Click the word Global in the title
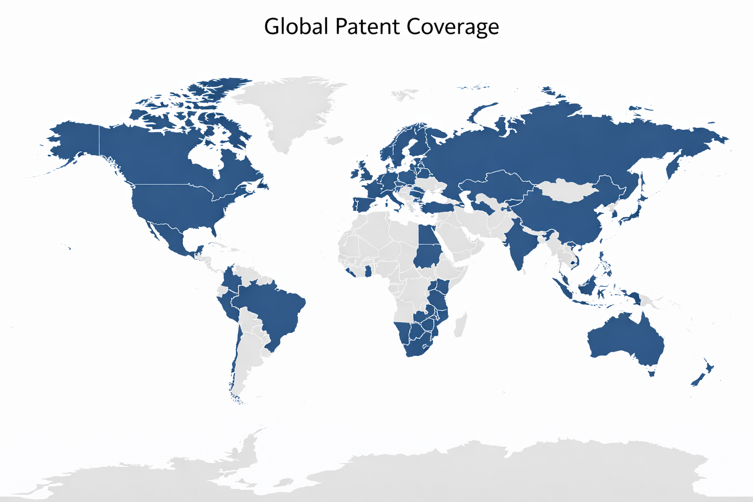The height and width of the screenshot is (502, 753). pyautogui.click(x=296, y=26)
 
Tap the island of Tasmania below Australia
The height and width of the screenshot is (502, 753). pyautogui.click(x=652, y=374)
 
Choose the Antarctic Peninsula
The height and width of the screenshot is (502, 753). pyautogui.click(x=250, y=446)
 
